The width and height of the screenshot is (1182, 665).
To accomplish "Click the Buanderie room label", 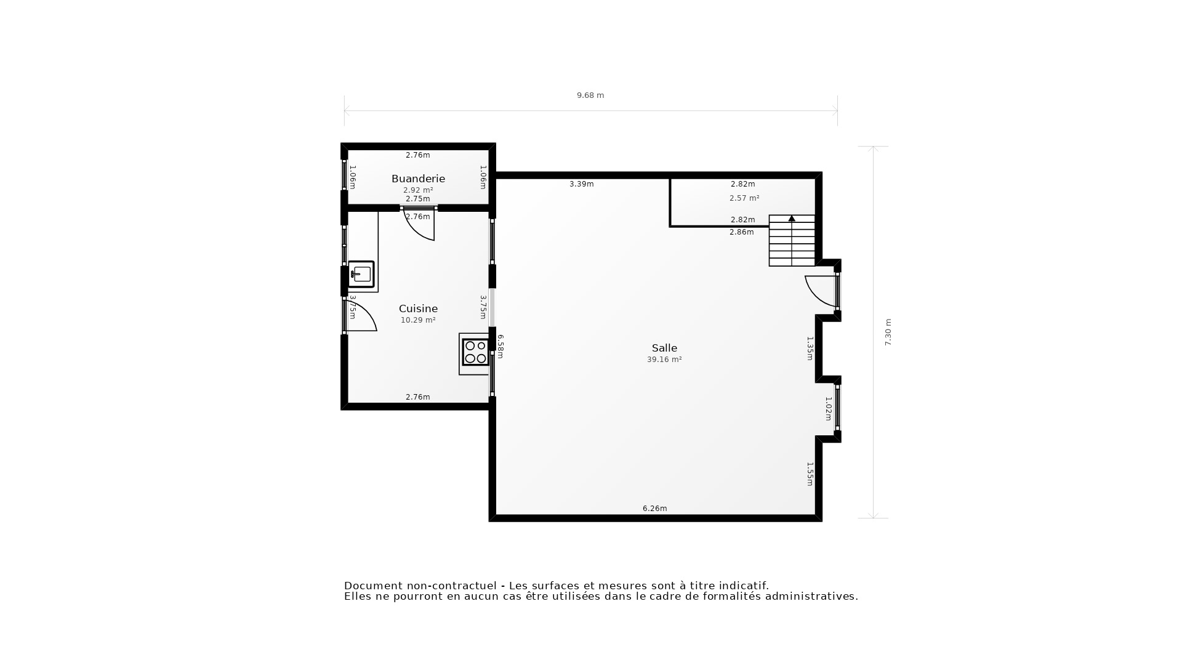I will click(x=418, y=179).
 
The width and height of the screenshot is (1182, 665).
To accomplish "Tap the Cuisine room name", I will click(x=418, y=308).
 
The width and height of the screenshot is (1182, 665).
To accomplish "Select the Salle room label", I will click(x=664, y=348).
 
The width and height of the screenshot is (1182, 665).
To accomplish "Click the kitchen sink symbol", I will click(x=361, y=274).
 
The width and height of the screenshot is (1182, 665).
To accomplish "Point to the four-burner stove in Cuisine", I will click(x=475, y=352).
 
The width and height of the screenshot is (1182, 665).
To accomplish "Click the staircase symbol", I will click(x=792, y=241).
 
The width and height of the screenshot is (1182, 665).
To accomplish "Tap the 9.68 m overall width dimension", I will click(x=590, y=95).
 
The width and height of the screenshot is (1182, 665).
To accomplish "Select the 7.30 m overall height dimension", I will click(x=888, y=332).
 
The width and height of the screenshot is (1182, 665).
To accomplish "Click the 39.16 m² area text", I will click(x=664, y=360).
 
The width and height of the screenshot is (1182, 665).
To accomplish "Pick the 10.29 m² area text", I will click(x=418, y=320).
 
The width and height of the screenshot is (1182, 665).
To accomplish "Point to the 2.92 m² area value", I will click(x=418, y=190).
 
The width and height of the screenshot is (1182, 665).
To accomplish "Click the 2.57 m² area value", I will click(x=744, y=198).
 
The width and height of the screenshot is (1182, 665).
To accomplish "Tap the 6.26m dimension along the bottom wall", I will click(x=654, y=509).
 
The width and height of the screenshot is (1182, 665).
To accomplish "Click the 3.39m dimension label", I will click(x=581, y=184).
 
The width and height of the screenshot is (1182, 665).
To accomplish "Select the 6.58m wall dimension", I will click(x=501, y=347).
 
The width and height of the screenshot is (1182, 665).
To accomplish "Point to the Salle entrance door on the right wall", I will click(x=822, y=291).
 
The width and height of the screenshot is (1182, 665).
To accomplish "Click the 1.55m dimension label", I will click(x=810, y=474).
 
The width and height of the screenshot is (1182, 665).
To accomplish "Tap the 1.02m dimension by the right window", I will click(x=828, y=409).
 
